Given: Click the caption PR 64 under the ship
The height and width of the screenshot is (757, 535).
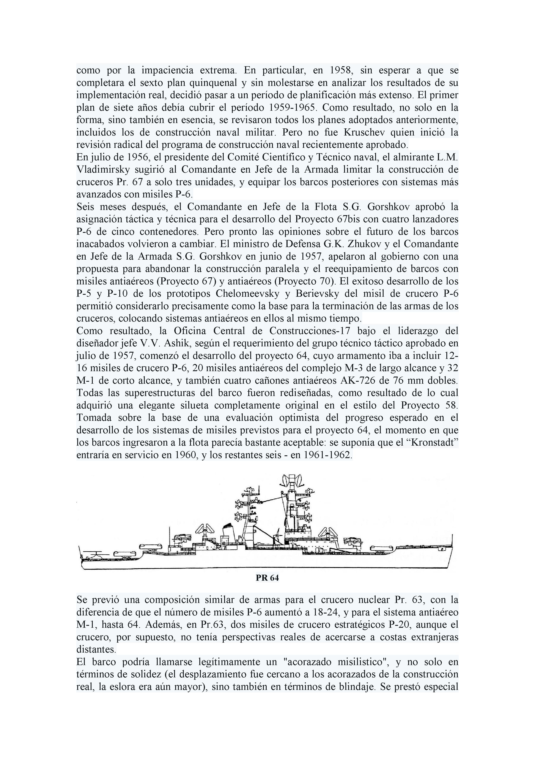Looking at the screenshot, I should coord(267,578).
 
